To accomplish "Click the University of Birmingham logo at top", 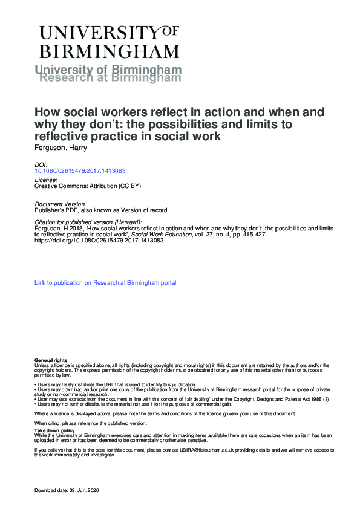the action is click(110, 41).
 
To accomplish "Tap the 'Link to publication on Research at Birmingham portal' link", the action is click(105, 282).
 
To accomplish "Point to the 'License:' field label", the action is click(46, 180).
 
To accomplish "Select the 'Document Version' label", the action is click(60, 204).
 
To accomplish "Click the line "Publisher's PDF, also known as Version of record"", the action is click(100, 210).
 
